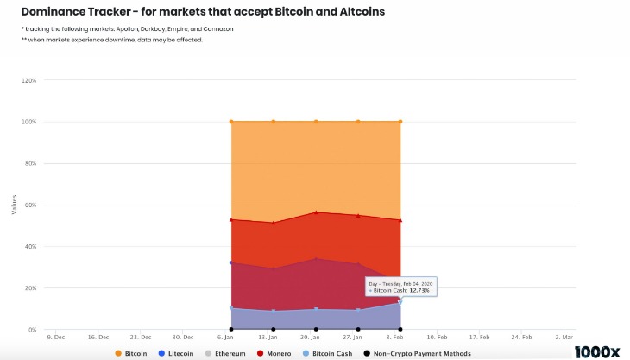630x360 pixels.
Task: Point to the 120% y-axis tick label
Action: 28,80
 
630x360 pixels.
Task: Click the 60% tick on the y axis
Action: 28,205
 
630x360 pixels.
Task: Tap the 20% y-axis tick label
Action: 28,288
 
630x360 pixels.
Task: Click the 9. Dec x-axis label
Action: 55,337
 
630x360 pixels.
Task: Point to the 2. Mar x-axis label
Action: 565,337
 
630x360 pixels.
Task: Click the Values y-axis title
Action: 14,205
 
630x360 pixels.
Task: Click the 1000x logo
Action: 598,351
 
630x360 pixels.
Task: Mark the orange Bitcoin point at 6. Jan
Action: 231,122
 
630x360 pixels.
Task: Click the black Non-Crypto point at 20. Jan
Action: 316,329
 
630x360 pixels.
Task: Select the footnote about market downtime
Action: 111,40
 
